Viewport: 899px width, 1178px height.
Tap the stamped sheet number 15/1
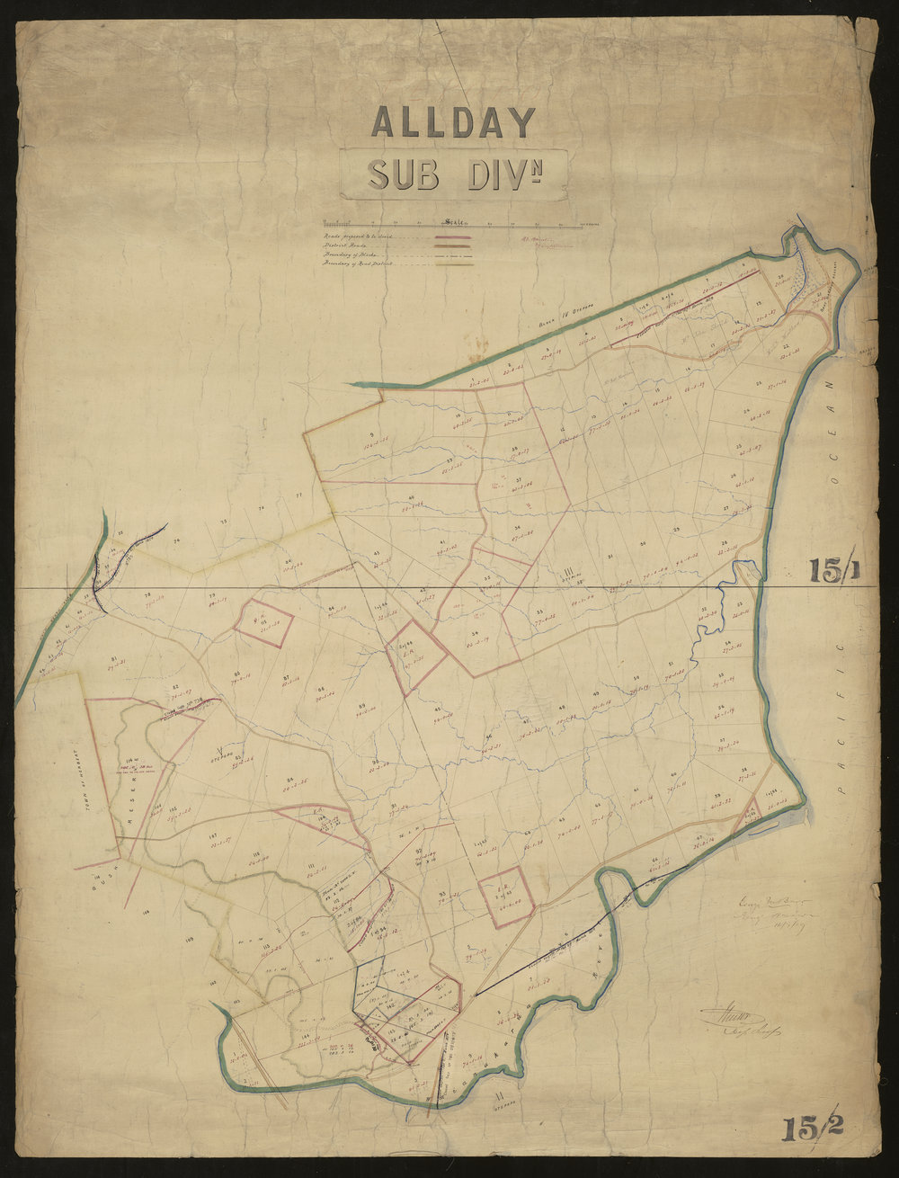click(x=835, y=570)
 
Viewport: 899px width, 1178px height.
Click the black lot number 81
click(x=114, y=657)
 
